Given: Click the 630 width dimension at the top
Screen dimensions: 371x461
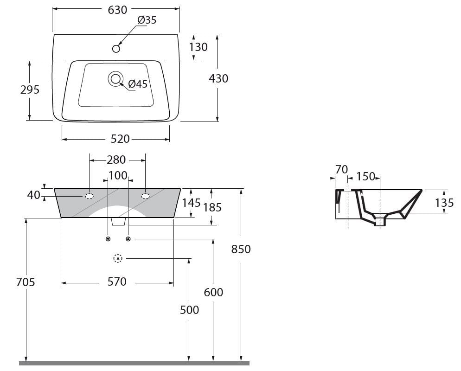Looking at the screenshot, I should (117, 10).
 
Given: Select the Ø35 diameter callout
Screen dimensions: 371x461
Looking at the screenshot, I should (147, 20).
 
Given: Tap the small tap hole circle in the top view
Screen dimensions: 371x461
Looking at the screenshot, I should (116, 48).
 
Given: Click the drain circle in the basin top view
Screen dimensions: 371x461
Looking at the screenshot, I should (115, 79).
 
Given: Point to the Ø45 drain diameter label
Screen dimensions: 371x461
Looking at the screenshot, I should (138, 84).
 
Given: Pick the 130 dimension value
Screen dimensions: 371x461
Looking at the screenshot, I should (198, 47).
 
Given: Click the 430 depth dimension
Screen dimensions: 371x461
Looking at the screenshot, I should (218, 79).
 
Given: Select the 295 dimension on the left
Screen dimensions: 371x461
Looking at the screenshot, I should (30, 90).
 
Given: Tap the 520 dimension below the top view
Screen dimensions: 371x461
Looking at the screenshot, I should (120, 139).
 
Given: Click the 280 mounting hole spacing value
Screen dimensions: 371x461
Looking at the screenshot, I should (116, 160).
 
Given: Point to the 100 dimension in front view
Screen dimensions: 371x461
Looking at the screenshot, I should (118, 176).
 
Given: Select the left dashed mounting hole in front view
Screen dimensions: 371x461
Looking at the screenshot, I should (89, 196).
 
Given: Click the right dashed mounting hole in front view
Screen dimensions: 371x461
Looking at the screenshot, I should (145, 196).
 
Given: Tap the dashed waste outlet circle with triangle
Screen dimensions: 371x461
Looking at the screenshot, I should (118, 258).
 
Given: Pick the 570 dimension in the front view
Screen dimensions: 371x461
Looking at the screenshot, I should (117, 282).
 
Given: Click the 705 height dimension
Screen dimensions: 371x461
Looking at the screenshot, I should (26, 282).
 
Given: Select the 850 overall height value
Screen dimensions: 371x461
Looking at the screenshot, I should (241, 249).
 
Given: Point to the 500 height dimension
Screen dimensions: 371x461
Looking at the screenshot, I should (189, 310).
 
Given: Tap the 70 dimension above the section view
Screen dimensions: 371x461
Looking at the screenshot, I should (341, 170).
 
